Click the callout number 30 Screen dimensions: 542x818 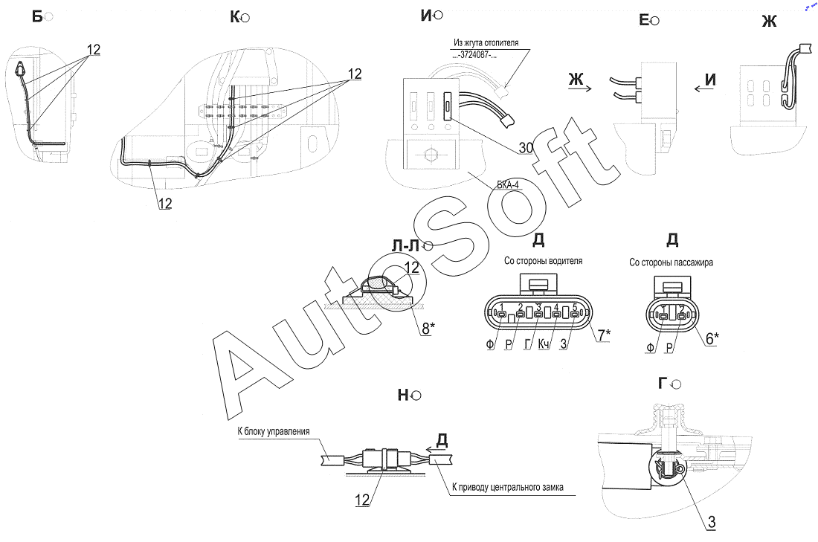pyautogui.click(x=526, y=148)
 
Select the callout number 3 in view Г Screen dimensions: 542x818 pyautogui.click(x=711, y=522)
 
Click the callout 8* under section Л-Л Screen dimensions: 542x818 pyautogui.click(x=427, y=327)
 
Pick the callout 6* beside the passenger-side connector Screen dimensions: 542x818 pyautogui.click(x=712, y=338)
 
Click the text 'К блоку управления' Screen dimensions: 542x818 pyautogui.click(x=273, y=431)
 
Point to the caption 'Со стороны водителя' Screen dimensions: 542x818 pyautogui.click(x=543, y=261)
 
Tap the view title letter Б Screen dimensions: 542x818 pyautogui.click(x=36, y=16)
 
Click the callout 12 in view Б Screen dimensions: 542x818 pyautogui.click(x=93, y=50)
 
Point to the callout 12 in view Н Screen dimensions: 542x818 pyautogui.click(x=362, y=501)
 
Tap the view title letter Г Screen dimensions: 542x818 pyautogui.click(x=663, y=383)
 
